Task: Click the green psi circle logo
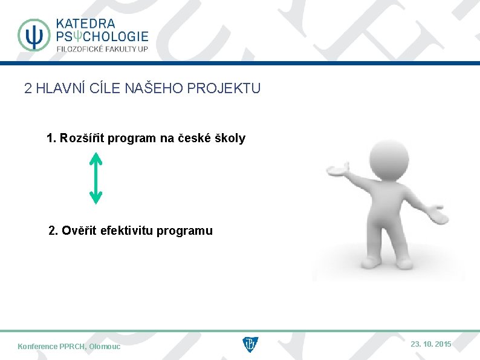pos(34,34)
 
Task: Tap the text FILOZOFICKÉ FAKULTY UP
pos(102,49)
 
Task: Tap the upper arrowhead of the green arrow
pos(96,159)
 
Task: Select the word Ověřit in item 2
pos(79,231)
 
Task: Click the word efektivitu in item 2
pos(127,231)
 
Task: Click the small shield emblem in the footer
pos(250,345)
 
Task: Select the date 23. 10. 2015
pos(430,344)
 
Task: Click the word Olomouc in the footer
pos(105,347)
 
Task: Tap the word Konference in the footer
pos(38,347)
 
